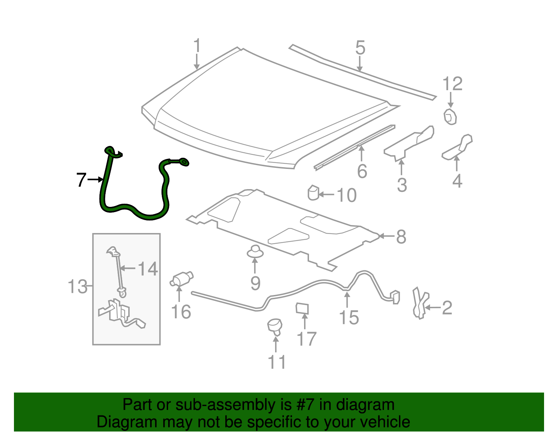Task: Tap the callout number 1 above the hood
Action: [x=197, y=47]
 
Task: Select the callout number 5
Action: [x=360, y=48]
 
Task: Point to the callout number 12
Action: [x=452, y=84]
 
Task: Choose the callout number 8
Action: [x=401, y=237]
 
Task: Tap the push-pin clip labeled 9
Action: [x=255, y=251]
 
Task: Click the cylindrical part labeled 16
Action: [x=182, y=279]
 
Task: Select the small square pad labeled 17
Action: [x=302, y=308]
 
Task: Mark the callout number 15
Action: [x=349, y=318]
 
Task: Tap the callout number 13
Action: [x=77, y=287]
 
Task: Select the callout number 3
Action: [x=402, y=185]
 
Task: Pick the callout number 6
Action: [x=362, y=171]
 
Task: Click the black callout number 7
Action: [x=81, y=180]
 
